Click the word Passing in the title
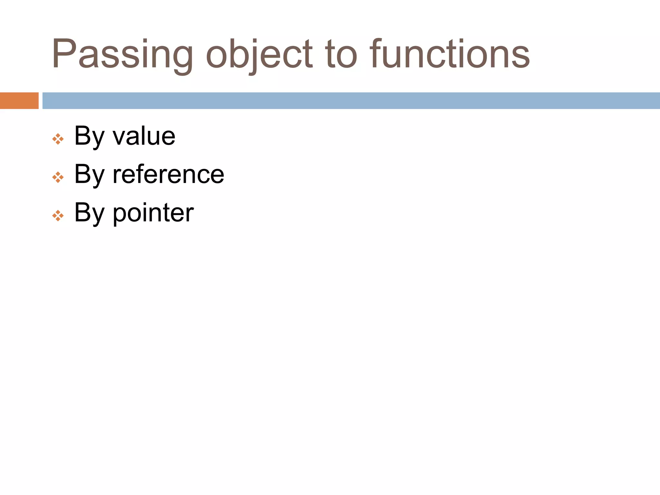(x=122, y=54)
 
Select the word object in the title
(x=259, y=54)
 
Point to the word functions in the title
(x=450, y=54)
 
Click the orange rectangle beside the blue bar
(x=19, y=101)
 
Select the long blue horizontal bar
(x=351, y=101)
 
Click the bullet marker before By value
(x=58, y=139)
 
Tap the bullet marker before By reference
(x=58, y=177)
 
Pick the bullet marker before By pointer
(x=58, y=216)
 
